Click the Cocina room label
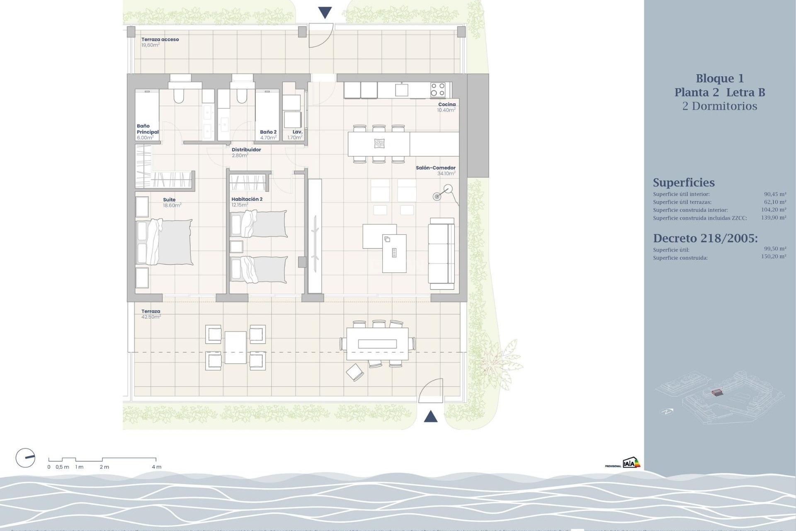tap(447, 105)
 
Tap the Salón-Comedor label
tap(435, 168)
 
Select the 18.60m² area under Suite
tap(172, 205)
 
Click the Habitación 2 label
tap(247, 199)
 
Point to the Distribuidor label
tap(246, 150)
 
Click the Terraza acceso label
tap(160, 39)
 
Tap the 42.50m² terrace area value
tap(151, 317)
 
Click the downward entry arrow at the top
tap(325, 12)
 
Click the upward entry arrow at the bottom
tap(431, 416)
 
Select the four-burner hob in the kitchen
tap(437, 90)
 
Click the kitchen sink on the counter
tap(401, 90)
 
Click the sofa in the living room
tap(442, 253)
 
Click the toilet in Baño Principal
tap(179, 95)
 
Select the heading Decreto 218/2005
tap(705, 238)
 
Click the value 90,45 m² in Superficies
tap(774, 194)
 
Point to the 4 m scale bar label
tap(156, 467)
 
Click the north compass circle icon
tap(25, 458)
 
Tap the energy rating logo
tap(631, 463)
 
